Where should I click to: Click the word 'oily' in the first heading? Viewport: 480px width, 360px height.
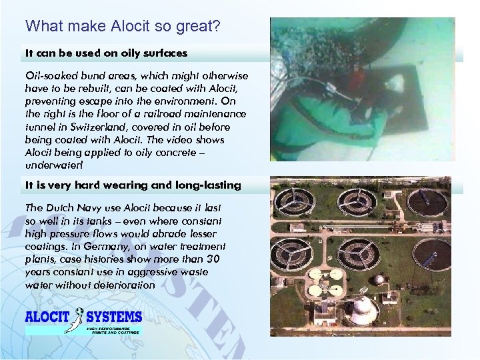133,52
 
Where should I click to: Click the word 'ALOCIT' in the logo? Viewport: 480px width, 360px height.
48,317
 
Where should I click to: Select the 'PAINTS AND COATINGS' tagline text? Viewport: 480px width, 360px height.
113,330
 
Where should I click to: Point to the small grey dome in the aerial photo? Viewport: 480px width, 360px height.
378,279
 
